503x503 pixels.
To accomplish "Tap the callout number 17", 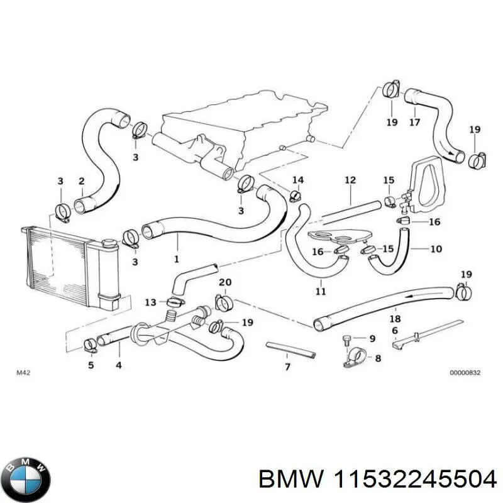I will click(x=414, y=122).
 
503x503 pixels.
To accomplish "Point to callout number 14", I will click(x=298, y=180).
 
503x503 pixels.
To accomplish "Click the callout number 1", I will click(x=176, y=258).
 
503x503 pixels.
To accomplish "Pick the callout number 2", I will click(x=81, y=182).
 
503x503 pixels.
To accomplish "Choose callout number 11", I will click(x=321, y=291).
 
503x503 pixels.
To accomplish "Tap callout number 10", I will click(x=436, y=249).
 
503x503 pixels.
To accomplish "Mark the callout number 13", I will click(x=150, y=302).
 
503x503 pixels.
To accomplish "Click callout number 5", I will click(x=91, y=365).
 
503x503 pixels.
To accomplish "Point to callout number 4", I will click(x=118, y=365).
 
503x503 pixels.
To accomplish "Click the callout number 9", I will click(x=372, y=338).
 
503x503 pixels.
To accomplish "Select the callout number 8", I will click(x=378, y=358).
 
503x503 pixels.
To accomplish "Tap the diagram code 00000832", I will click(x=465, y=373).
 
